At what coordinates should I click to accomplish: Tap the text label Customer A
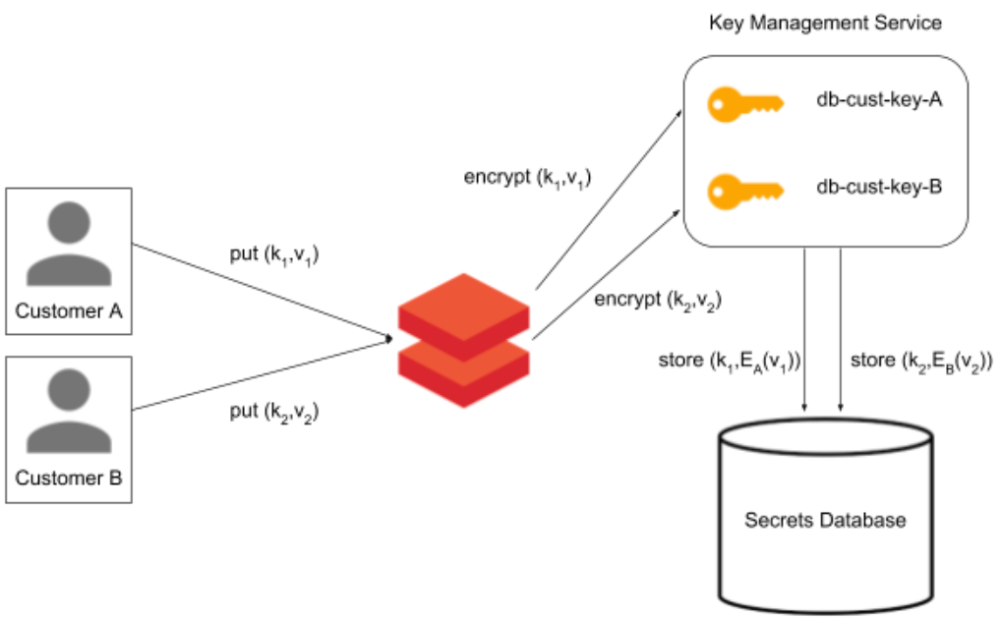pyautogui.click(x=68, y=311)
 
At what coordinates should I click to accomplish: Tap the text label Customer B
pyautogui.click(x=68, y=478)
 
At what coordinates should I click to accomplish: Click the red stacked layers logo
pyautogui.click(x=463, y=339)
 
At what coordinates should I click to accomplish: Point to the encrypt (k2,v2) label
pyautogui.click(x=658, y=300)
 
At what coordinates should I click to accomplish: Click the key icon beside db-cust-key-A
pyautogui.click(x=744, y=101)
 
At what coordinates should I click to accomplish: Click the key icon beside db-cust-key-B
pyautogui.click(x=744, y=187)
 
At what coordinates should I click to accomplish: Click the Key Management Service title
pyautogui.click(x=825, y=22)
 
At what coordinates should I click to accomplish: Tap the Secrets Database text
pyautogui.click(x=824, y=520)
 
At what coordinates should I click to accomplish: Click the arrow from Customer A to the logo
pyautogui.click(x=261, y=292)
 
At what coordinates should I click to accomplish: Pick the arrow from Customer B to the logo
pyautogui.click(x=261, y=374)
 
